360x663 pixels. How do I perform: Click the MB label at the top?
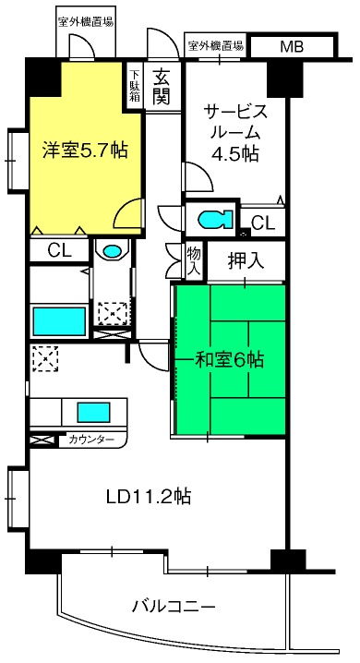point(292,46)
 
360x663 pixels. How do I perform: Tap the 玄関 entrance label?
point(162,86)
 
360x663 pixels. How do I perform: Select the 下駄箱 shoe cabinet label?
point(135,86)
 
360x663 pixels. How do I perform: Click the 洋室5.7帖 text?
point(85,150)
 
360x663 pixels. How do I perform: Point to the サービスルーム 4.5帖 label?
point(235,133)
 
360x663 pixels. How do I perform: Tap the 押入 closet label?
point(246,261)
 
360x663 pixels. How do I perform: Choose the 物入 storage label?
point(194,260)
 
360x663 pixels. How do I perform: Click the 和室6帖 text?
point(229,360)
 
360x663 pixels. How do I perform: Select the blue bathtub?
point(59,321)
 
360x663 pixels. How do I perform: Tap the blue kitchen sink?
point(93,412)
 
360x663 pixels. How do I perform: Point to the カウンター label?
point(91,440)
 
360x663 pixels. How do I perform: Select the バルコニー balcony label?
point(174,608)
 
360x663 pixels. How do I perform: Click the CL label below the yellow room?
point(60,251)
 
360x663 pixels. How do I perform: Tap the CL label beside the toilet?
point(263,222)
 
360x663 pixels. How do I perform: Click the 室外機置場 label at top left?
point(86,22)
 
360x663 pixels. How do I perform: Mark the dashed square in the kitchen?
point(45,358)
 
